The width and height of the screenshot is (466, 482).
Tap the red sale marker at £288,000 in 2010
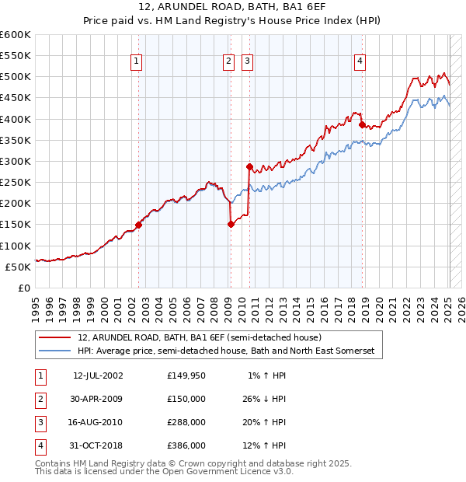(x=249, y=166)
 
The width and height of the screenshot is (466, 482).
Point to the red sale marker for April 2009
(x=231, y=225)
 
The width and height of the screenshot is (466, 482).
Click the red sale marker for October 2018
(x=362, y=125)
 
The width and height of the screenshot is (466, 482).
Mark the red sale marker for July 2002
(x=139, y=225)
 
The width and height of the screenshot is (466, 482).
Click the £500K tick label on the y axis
(x=16, y=77)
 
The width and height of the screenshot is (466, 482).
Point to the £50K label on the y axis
(x=19, y=267)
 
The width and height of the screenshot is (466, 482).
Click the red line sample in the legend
(x=57, y=337)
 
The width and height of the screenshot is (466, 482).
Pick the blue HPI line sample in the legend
(x=57, y=351)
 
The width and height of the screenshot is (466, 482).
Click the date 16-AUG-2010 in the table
(x=98, y=422)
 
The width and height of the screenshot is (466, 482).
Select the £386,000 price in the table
(x=186, y=445)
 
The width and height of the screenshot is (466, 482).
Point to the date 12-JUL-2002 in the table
(x=98, y=375)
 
